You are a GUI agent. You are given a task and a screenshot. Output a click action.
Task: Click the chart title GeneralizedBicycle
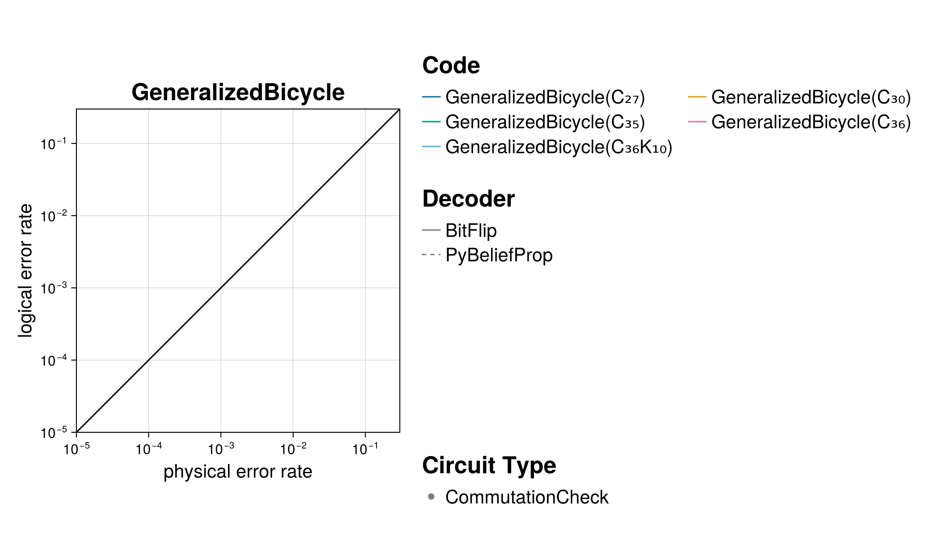click(238, 92)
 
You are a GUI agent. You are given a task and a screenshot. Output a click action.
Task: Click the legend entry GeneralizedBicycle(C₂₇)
click(545, 97)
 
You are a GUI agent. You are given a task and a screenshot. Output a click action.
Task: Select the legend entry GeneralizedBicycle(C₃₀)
click(810, 97)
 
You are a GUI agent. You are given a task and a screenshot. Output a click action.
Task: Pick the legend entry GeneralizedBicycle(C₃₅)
click(545, 122)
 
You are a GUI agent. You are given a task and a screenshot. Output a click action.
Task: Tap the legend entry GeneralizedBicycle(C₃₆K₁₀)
click(558, 147)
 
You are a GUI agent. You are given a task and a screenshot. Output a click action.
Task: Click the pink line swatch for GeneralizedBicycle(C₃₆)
click(697, 122)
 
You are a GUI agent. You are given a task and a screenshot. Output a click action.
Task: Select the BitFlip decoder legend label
click(471, 231)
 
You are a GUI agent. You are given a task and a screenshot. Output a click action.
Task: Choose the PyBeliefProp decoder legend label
click(499, 255)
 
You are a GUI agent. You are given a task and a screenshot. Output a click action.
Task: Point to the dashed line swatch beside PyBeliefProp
click(431, 255)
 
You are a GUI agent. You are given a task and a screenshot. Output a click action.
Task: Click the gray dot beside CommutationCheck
click(431, 497)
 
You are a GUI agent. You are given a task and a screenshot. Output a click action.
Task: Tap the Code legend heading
click(451, 65)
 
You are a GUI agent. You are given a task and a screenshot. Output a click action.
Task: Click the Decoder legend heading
click(468, 199)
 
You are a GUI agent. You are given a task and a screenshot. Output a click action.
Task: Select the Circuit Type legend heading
click(489, 465)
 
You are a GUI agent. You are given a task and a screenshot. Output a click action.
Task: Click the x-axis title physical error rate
click(238, 471)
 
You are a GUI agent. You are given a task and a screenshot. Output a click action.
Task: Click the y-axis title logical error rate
click(26, 270)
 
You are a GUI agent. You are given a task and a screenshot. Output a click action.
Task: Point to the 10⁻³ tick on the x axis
click(221, 449)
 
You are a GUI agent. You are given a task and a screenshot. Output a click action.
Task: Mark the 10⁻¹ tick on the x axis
click(365, 449)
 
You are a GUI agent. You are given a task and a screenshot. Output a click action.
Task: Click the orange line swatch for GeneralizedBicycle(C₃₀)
click(697, 97)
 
